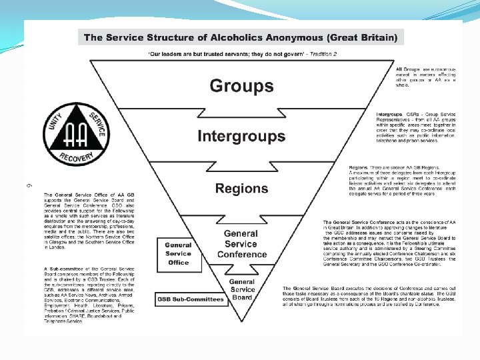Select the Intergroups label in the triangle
(241, 137)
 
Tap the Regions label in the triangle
(241, 189)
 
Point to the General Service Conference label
(241, 243)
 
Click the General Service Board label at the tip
(242, 289)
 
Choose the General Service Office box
(178, 253)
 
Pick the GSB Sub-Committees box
(191, 299)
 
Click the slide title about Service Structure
(241, 37)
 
